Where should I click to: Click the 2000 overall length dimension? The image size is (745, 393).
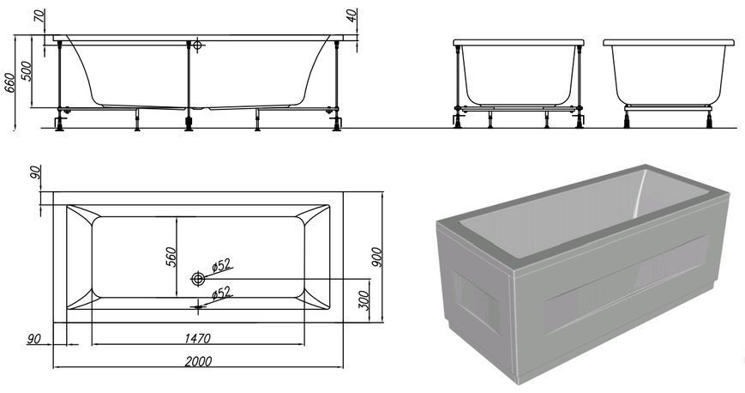tap(198, 361)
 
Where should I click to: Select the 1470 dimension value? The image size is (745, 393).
tap(197, 338)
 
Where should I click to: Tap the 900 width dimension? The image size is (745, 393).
tap(376, 257)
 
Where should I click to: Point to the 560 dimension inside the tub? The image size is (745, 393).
tap(171, 257)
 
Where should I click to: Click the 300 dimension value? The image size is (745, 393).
tap(363, 300)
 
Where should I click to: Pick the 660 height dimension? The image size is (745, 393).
tap(10, 83)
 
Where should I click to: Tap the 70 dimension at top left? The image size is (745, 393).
tap(41, 15)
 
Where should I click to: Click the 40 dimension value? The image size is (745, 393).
tap(351, 15)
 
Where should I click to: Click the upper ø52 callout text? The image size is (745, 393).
tap(221, 265)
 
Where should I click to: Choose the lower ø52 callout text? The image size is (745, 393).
tap(221, 293)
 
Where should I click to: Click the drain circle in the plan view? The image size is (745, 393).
tap(198, 279)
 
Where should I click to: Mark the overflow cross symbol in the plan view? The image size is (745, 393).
tap(198, 306)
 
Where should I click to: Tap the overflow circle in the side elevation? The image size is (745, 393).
tap(198, 45)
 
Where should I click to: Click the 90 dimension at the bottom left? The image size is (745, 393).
tap(33, 339)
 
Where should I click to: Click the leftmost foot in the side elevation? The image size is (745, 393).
tap(59, 124)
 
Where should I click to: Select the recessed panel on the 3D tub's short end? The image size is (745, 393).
tap(476, 302)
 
